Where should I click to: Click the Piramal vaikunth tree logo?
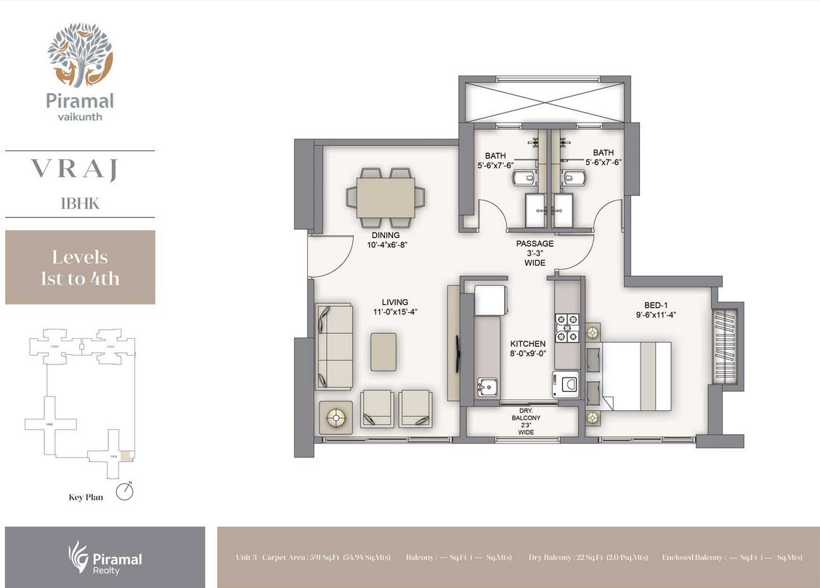click(x=80, y=55)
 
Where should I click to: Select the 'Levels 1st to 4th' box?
click(x=80, y=267)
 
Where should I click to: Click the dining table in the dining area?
click(x=386, y=196)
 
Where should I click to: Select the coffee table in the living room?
click(x=383, y=352)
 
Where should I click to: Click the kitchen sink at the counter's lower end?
click(x=485, y=387)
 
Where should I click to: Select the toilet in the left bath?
click(x=523, y=178)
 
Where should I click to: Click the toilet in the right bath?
click(x=576, y=178)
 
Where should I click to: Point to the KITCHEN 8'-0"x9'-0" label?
click(x=527, y=348)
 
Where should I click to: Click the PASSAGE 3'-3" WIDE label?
click(x=535, y=253)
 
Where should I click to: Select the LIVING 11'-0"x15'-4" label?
click(x=395, y=307)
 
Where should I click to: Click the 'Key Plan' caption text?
click(x=86, y=498)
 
